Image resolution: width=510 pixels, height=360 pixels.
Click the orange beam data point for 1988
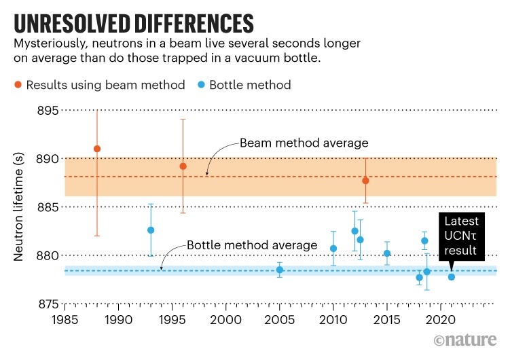point(97,149)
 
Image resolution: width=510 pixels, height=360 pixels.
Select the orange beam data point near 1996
point(183,166)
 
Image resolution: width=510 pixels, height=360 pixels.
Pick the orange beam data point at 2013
point(365,181)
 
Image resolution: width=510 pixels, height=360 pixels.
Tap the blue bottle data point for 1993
point(151,230)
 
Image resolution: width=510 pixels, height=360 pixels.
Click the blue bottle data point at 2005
point(279,270)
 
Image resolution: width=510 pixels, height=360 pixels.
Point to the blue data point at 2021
point(452,276)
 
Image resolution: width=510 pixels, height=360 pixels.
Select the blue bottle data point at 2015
point(387,253)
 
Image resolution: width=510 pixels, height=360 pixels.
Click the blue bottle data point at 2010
point(333,249)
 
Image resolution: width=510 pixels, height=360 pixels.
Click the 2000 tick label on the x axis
point(225,319)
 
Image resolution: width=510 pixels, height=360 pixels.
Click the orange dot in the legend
point(18,85)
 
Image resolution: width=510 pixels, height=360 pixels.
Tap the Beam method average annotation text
point(304,143)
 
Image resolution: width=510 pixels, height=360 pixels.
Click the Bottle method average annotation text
point(252,245)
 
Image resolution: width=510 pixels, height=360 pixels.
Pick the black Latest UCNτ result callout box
point(462,236)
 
